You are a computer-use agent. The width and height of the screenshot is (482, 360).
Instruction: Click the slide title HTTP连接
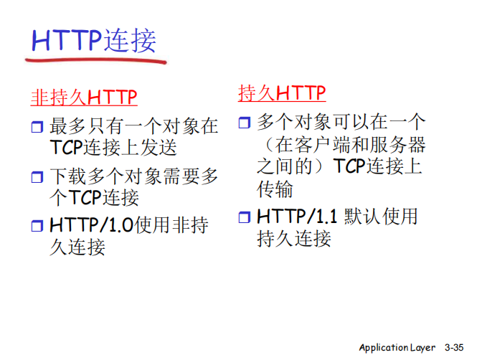coord(93,41)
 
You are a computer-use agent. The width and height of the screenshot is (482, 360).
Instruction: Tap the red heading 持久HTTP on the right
coord(282,93)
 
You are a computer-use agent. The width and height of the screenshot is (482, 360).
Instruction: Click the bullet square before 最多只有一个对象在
coord(37,128)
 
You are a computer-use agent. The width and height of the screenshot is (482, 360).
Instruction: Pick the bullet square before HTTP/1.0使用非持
coord(37,227)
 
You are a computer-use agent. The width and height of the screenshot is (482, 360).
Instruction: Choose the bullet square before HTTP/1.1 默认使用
coord(245,217)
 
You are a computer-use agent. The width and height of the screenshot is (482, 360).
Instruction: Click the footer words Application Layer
coord(397,347)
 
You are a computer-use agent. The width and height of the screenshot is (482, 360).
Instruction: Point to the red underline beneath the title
coord(93,62)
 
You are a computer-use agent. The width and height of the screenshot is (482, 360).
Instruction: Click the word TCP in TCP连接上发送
coord(66,148)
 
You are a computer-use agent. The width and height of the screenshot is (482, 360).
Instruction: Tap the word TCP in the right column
coord(349,166)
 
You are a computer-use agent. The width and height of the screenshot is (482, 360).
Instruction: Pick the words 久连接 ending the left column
coord(77,247)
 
